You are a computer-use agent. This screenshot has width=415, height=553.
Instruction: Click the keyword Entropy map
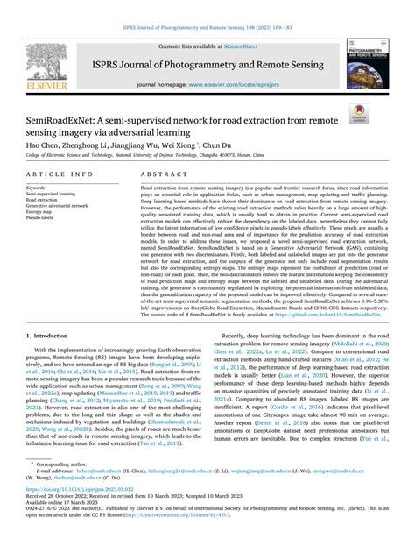(x=40, y=211)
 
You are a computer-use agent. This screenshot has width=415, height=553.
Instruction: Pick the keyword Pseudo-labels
(x=40, y=217)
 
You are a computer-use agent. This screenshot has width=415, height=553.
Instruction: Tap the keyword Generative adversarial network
(x=57, y=205)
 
